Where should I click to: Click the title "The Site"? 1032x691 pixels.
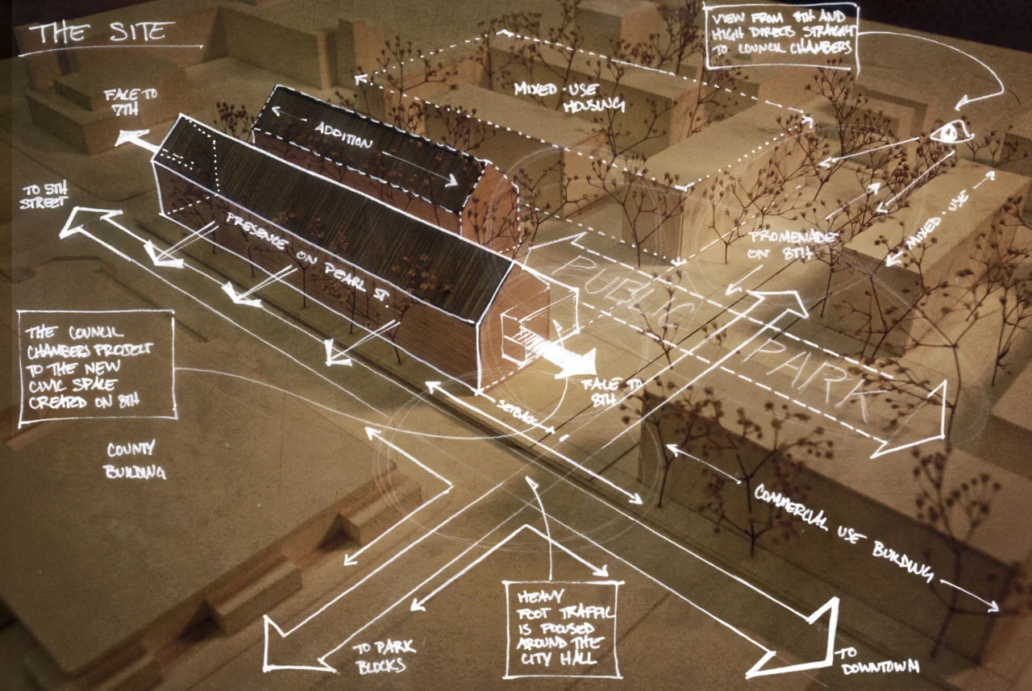pos(102,31)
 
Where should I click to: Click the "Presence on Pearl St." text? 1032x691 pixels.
pos(306,258)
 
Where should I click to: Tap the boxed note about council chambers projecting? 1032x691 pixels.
pos(97,364)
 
